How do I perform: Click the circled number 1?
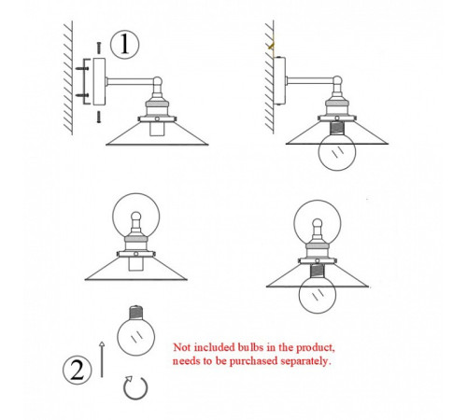click(124, 45)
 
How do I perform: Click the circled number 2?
click(78, 371)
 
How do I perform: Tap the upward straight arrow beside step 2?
click(102, 359)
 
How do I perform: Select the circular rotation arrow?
click(135, 388)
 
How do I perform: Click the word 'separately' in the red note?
click(304, 361)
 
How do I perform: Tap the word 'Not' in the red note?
click(182, 347)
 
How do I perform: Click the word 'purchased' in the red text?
click(253, 361)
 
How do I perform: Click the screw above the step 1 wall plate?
click(99, 48)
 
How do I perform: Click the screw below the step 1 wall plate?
click(99, 117)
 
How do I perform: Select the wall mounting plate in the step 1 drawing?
click(99, 82)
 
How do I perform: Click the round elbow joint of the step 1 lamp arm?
click(158, 81)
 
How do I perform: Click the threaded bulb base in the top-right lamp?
click(336, 128)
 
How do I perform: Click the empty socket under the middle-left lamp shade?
click(135, 264)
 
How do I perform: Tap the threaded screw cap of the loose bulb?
click(135, 312)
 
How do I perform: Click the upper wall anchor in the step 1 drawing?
click(82, 68)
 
